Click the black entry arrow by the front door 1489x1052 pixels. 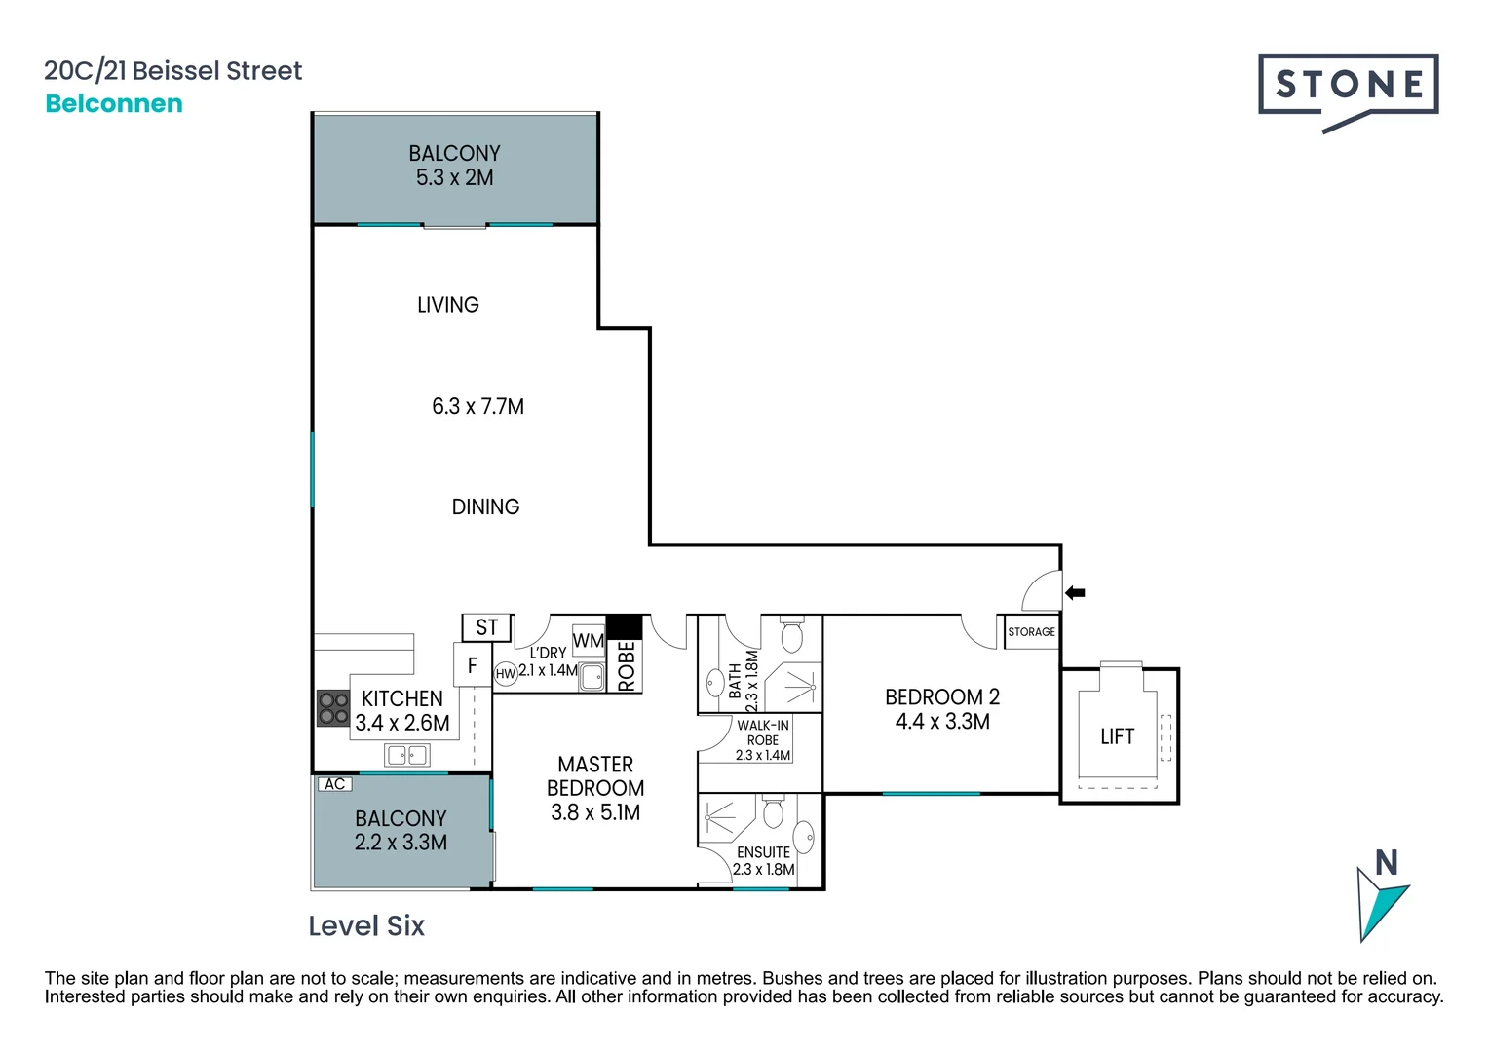(1075, 592)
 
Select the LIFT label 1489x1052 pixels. (1117, 736)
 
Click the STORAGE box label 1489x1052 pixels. (1031, 631)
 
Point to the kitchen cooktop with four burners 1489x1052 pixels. (333, 708)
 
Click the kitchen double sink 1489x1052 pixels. (406, 755)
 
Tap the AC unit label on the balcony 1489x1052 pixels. (334, 784)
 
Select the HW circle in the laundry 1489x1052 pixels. (506, 674)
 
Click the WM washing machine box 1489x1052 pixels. (589, 641)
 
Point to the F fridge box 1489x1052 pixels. (473, 665)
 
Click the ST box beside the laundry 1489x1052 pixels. (486, 628)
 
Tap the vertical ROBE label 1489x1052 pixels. (626, 665)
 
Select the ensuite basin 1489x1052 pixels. (804, 837)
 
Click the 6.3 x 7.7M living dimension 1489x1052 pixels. (477, 406)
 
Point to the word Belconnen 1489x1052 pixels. (114, 103)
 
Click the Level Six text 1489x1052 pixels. (366, 925)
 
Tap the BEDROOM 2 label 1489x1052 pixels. (941, 697)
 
